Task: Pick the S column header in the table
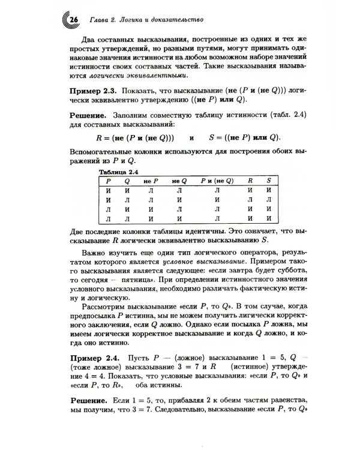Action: pyautogui.click(x=268, y=180)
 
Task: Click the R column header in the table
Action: pyautogui.click(x=250, y=180)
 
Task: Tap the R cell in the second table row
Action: pyautogui.click(x=250, y=199)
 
